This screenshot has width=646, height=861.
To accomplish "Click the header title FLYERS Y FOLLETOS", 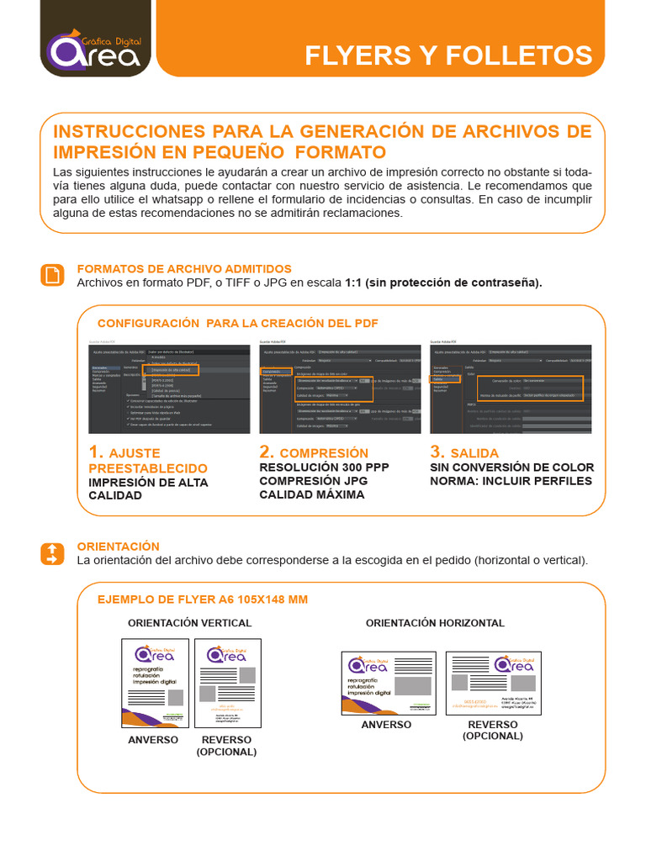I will pos(447,55).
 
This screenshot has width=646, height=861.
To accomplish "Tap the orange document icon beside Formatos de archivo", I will pos(52,275).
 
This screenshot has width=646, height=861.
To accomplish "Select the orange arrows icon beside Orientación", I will pos(52,553).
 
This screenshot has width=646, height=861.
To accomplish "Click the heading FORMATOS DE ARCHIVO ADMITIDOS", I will pos(184,268).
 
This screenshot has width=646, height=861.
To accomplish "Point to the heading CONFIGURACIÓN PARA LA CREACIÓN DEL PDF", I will pos(238,323).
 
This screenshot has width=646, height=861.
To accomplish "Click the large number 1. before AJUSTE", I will pos(97,452).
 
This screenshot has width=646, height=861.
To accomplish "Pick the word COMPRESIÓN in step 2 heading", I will pos(324,453).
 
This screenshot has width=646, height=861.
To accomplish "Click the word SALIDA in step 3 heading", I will pos(474,453).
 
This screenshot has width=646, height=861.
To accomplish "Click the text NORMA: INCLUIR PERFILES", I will pos(511,481).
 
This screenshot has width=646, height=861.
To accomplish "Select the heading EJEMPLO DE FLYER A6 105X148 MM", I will pos(203,600).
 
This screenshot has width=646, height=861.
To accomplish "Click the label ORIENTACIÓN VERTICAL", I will pos(189,623).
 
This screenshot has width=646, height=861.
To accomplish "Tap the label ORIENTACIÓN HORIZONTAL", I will pos(435,623).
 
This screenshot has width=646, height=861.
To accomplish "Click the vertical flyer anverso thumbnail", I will pos(154,683).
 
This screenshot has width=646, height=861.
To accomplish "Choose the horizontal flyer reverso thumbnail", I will pos(494,683).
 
